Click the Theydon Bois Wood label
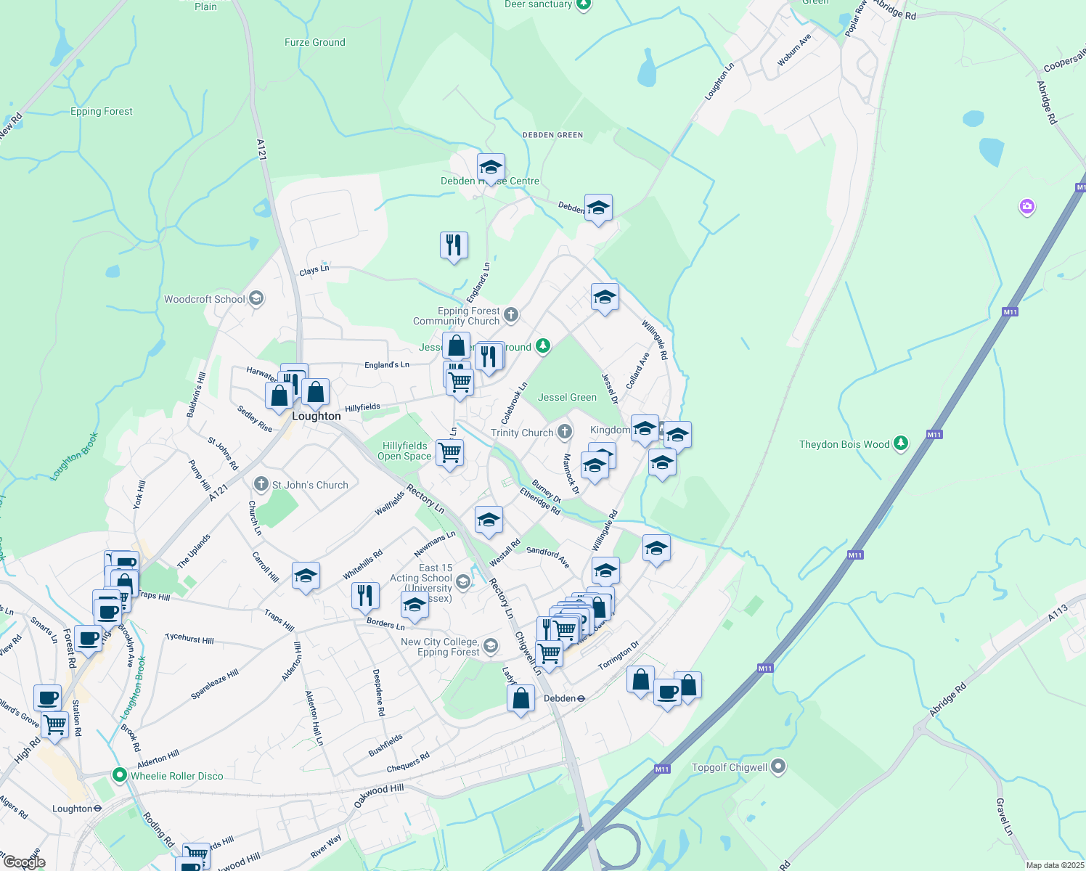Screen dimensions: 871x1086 pos(844,444)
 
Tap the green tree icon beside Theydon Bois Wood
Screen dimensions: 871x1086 pos(901,443)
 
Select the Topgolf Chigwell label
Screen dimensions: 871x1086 pos(730,767)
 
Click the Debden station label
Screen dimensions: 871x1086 pos(560,698)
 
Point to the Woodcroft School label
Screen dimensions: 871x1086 pos(204,299)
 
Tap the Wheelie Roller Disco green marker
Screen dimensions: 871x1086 pos(120,775)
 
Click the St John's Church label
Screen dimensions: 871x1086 pos(310,485)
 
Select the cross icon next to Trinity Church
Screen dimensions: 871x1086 pos(564,432)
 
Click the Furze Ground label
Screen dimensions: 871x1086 pos(314,42)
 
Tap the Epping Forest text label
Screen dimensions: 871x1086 pos(102,111)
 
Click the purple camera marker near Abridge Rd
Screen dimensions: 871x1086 pos(1026,207)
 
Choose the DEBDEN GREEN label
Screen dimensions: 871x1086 pos(552,135)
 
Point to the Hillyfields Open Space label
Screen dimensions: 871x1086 pos(404,451)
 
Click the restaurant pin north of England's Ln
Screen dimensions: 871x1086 pos(454,245)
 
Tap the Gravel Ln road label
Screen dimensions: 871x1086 pos(1003,817)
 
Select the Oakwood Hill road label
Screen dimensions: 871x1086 pos(378,796)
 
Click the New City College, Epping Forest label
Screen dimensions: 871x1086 pos(440,647)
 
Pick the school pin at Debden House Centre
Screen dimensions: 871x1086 pos(491,168)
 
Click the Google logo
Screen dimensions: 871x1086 pos(24,862)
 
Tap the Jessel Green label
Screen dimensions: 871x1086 pos(567,397)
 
